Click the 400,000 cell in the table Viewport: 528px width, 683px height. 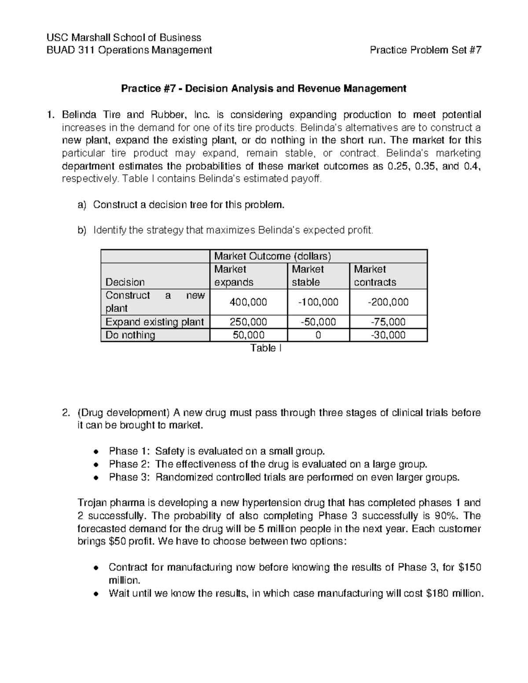click(x=248, y=302)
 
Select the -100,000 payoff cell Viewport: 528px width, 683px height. click(x=318, y=302)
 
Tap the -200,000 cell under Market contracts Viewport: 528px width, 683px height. click(x=388, y=302)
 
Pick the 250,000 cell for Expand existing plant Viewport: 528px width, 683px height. click(x=248, y=322)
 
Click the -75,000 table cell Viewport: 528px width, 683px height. click(x=388, y=322)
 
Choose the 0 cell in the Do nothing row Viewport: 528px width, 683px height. click(x=318, y=335)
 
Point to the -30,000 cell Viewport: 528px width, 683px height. click(x=388, y=335)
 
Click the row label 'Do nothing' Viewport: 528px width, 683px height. click(x=130, y=335)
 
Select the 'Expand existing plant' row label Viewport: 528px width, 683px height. click(x=154, y=322)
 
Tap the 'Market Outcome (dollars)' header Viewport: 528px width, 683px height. click(x=272, y=256)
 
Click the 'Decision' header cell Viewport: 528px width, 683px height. click(x=125, y=282)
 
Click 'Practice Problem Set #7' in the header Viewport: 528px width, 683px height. click(x=425, y=50)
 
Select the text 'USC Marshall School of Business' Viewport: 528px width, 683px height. click(x=124, y=37)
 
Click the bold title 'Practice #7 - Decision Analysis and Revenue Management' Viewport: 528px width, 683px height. click(x=264, y=89)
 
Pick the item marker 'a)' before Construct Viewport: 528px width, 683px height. click(x=81, y=205)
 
